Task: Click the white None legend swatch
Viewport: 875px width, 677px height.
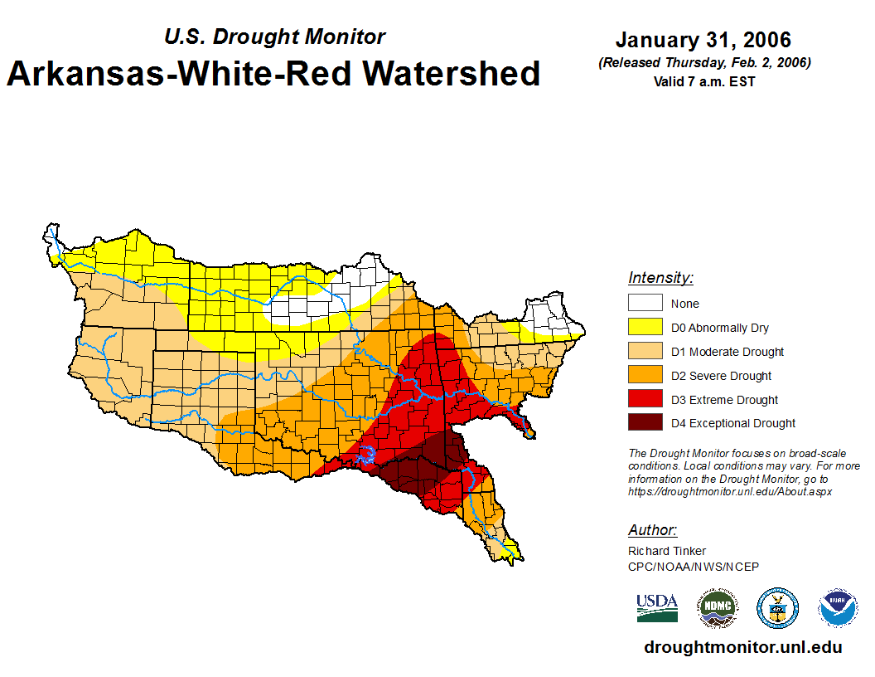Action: (645, 304)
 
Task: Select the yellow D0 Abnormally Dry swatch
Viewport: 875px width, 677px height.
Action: (645, 328)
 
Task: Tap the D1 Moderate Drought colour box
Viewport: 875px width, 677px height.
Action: (645, 352)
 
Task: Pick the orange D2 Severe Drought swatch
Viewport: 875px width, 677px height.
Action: (645, 376)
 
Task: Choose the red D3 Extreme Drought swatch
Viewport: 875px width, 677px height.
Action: (645, 400)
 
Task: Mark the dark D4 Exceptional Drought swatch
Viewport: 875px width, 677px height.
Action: (645, 423)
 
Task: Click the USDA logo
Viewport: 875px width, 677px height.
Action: (657, 607)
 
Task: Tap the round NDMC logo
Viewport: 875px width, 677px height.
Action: (717, 608)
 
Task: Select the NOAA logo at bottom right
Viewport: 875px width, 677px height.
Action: (839, 608)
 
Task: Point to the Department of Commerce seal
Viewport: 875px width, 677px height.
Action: (778, 608)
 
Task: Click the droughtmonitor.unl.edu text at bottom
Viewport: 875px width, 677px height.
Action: (742, 648)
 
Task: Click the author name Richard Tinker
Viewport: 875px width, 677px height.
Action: (667, 551)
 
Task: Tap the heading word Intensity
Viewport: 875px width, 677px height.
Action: (660, 278)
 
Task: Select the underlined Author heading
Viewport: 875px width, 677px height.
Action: (652, 530)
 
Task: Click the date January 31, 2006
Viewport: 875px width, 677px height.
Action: (703, 40)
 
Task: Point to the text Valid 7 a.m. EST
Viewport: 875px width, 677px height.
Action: (703, 81)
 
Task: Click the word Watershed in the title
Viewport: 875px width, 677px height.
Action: (452, 73)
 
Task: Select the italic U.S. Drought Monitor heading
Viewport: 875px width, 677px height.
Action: (274, 37)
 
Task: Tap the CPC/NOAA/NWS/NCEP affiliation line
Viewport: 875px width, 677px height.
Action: (694, 567)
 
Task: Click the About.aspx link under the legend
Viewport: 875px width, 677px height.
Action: (729, 491)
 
